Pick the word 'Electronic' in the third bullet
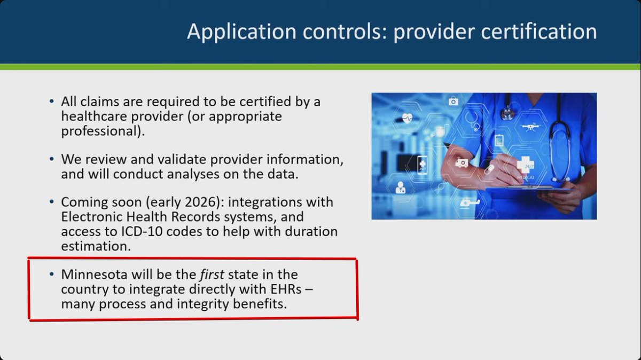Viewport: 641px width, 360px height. [x=93, y=217]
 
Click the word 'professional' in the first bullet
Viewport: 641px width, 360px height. [x=101, y=131]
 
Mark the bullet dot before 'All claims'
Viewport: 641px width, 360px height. [x=51, y=101]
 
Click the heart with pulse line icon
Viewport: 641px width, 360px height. [x=408, y=119]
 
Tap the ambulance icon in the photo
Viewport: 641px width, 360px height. [x=462, y=162]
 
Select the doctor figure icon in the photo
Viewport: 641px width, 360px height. [x=400, y=187]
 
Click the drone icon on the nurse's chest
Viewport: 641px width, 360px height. [x=531, y=127]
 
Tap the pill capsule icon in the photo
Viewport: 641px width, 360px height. [x=488, y=169]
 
